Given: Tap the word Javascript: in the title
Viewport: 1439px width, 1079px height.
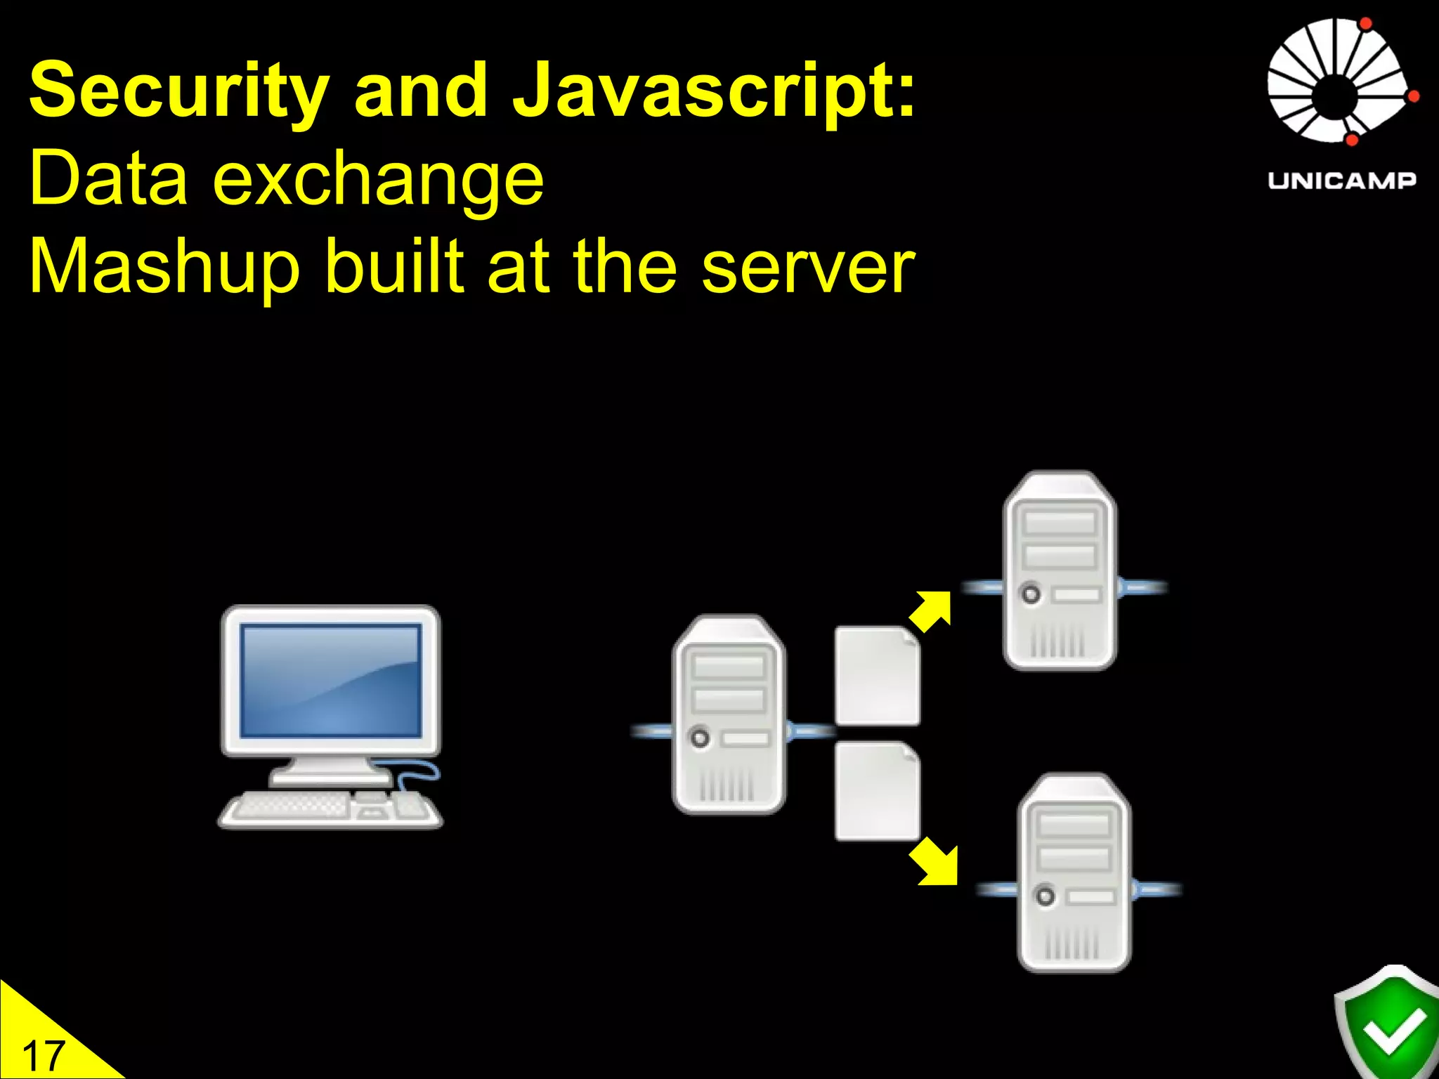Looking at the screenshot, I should [714, 91].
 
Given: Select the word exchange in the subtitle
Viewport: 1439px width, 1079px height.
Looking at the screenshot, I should [378, 180].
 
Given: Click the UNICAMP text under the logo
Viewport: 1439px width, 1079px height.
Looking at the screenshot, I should [1341, 181].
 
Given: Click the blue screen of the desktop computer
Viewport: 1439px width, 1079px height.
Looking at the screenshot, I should [330, 681].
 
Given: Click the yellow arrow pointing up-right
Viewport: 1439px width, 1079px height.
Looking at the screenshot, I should [930, 610].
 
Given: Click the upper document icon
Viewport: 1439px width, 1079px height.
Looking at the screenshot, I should [877, 676].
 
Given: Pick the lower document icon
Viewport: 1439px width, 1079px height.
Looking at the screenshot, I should [877, 791].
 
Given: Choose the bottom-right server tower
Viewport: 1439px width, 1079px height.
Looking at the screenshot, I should [1074, 872].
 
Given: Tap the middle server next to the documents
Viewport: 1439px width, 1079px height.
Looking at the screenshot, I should [729, 714].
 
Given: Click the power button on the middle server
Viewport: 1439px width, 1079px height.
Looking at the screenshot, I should [700, 738].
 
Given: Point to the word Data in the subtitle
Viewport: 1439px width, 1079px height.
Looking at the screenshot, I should [109, 180].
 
